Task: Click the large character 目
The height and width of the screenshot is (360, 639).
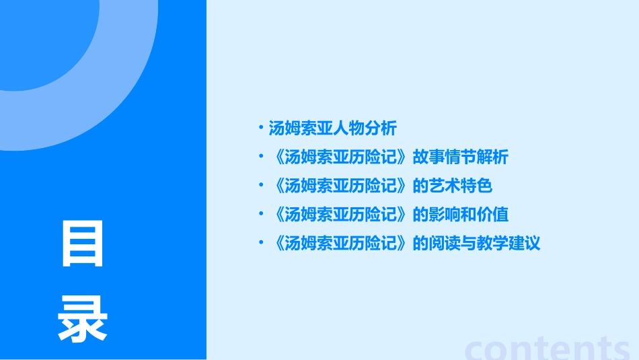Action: (83, 244)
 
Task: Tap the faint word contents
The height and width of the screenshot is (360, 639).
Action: (548, 348)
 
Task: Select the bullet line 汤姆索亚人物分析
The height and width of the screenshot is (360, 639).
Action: (332, 128)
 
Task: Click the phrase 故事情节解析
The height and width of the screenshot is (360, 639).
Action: (461, 157)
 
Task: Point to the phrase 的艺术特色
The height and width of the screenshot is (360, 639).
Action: (453, 186)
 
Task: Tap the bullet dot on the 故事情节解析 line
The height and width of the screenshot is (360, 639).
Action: (261, 156)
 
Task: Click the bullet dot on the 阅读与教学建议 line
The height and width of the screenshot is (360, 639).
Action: (261, 242)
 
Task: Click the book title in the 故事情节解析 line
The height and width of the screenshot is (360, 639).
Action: (342, 157)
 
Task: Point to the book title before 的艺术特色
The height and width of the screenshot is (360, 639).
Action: (342, 186)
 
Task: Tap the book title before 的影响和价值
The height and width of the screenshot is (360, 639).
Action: (342, 215)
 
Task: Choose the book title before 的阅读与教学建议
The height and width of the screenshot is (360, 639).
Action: (342, 244)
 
